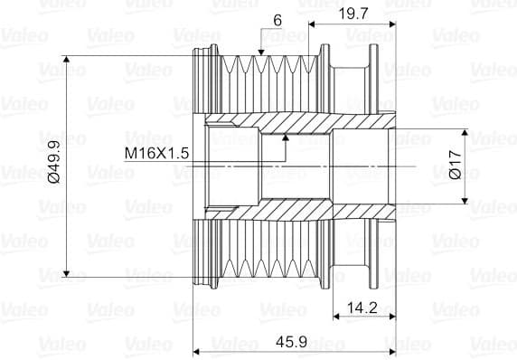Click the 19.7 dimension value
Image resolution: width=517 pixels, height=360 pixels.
point(353,14)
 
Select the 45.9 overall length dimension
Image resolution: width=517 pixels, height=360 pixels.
point(291,342)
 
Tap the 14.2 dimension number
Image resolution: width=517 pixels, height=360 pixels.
point(362,308)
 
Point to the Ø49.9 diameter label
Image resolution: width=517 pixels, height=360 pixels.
point(54,162)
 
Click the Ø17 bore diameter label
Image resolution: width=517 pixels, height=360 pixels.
point(456,165)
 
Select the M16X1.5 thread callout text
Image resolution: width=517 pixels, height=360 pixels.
point(156,153)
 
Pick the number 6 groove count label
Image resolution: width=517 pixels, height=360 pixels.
point(277,21)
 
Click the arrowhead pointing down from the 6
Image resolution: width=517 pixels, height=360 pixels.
point(261,52)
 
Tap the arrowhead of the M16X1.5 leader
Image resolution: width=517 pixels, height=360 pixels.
point(286,137)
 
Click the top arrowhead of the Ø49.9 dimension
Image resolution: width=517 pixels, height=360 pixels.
point(66,60)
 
